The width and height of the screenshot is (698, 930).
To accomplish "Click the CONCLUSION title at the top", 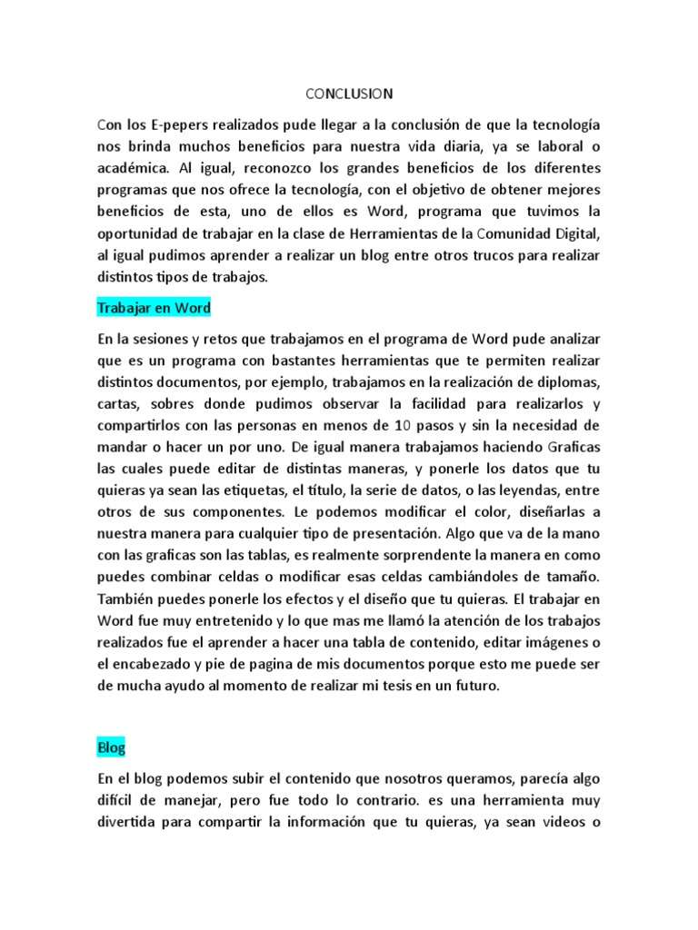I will tap(349, 93).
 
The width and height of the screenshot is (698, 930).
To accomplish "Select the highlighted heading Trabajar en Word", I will tap(154, 308).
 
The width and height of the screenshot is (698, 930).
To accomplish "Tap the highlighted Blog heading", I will tap(111, 747).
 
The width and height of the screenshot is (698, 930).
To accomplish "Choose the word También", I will tap(129, 600).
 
